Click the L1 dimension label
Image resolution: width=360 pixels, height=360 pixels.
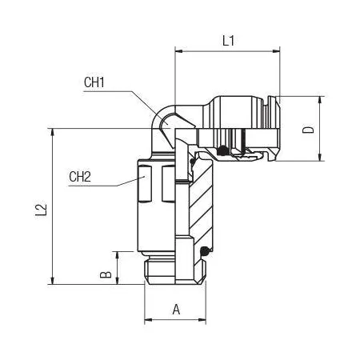(x=228, y=41)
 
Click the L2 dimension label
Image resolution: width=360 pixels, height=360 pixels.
(x=41, y=210)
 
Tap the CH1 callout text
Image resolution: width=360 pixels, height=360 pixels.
(x=94, y=82)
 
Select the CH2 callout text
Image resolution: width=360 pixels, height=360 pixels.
(x=80, y=177)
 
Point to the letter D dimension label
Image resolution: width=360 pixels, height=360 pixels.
(x=309, y=130)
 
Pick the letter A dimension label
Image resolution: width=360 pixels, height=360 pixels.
(x=176, y=310)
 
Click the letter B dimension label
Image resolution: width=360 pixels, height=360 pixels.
(x=106, y=274)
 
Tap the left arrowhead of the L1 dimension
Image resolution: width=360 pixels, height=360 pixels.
(x=178, y=51)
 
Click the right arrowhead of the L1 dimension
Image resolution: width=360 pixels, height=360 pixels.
(x=276, y=51)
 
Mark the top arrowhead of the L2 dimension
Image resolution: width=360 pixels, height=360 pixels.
(x=53, y=132)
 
